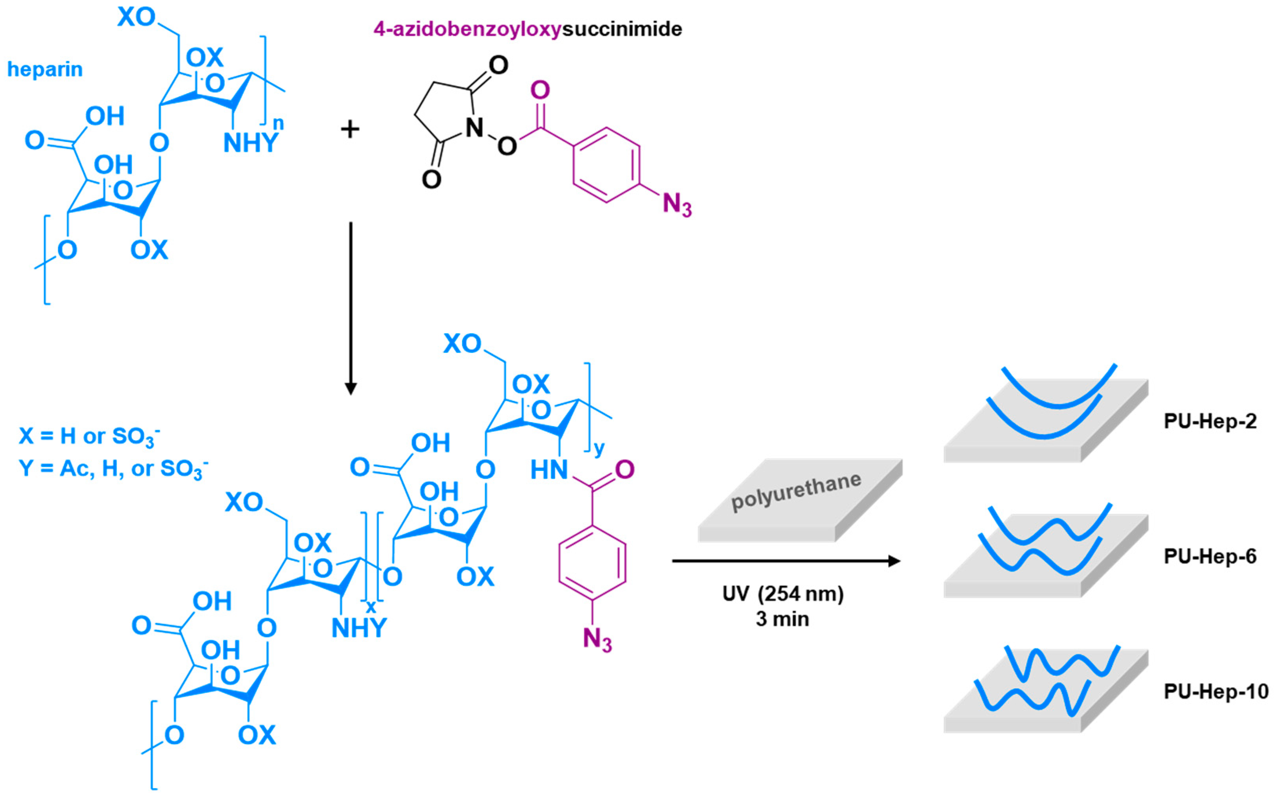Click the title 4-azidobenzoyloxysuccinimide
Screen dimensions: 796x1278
(x=527, y=29)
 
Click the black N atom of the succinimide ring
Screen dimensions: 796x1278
(x=474, y=128)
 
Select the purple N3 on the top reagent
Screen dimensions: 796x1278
(x=677, y=204)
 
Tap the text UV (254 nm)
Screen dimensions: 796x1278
(x=783, y=594)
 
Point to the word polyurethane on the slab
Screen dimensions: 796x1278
(x=796, y=492)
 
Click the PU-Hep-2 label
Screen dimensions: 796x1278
(x=1210, y=421)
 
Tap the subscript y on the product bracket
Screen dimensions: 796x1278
(x=599, y=449)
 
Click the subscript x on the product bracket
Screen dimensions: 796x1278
(x=371, y=607)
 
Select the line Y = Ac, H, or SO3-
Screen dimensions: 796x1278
(x=113, y=469)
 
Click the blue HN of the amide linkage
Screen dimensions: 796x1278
(x=549, y=470)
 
